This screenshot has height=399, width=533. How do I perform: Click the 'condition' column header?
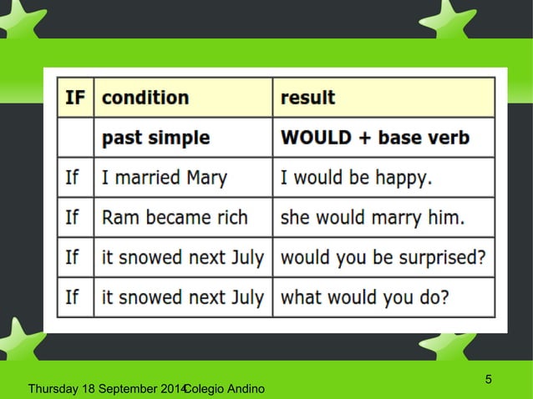(x=145, y=97)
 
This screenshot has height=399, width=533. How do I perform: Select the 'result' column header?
(x=307, y=97)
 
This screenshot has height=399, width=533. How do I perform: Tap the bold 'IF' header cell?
(x=74, y=97)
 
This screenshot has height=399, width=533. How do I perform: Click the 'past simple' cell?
(x=155, y=137)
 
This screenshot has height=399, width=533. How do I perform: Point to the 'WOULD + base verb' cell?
(x=375, y=137)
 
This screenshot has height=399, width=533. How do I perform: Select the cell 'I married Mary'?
(x=164, y=177)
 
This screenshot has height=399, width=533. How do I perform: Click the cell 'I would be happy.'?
(x=356, y=177)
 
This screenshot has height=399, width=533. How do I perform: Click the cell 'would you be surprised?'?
(x=383, y=256)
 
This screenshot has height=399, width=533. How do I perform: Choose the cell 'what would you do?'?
(x=364, y=295)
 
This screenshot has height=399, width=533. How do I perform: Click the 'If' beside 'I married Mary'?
(x=73, y=177)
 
